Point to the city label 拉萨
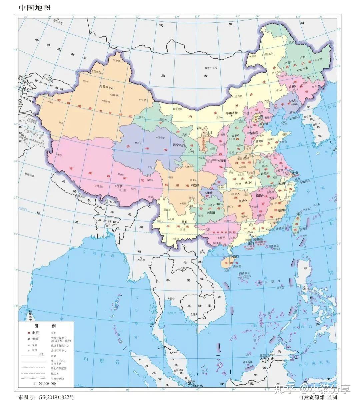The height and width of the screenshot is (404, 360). [x=119, y=186]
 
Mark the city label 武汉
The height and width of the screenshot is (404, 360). [x=248, y=182]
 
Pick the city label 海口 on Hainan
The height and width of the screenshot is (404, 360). [x=236, y=256]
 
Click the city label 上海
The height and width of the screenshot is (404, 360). [x=295, y=173]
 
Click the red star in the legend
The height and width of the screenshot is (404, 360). [x=29, y=333]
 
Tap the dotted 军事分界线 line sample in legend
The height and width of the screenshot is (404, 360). [x=34, y=379]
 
